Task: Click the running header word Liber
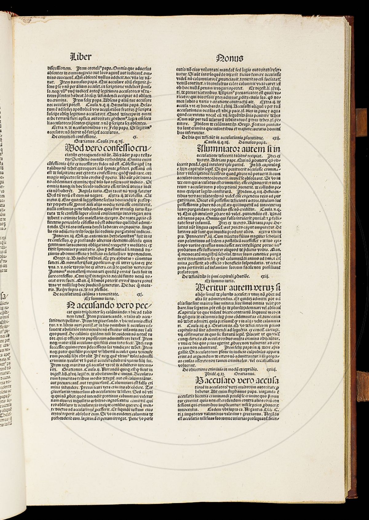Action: click(81, 57)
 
